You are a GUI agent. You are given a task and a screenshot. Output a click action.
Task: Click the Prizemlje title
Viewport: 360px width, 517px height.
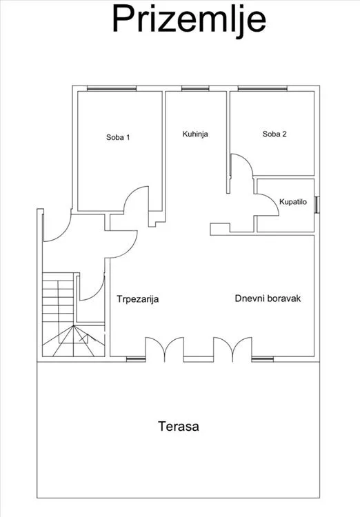[189, 20]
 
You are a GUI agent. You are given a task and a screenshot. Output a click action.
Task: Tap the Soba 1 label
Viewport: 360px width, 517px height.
[118, 137]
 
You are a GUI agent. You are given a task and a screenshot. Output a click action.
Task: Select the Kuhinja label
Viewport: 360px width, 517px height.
[195, 134]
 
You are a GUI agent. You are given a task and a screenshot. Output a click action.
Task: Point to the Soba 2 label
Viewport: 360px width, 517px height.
[274, 134]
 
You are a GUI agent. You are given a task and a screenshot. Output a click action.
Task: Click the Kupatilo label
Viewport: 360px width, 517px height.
[293, 202]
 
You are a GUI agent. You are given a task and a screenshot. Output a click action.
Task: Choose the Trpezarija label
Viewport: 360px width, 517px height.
[138, 299]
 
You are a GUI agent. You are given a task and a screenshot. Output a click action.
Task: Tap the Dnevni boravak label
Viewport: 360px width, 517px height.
[268, 298]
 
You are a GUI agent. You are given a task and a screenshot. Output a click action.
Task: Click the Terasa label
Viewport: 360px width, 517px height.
[179, 426]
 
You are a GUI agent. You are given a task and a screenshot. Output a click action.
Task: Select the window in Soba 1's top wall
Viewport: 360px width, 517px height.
[112, 88]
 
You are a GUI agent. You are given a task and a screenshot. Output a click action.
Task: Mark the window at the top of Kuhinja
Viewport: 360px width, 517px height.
[195, 88]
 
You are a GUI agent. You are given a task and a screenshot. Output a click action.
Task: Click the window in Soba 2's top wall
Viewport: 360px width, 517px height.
[262, 88]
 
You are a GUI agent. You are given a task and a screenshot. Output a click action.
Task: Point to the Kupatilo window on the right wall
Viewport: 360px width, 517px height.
[317, 205]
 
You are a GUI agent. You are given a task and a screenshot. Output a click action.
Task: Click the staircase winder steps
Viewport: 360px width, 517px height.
[74, 341]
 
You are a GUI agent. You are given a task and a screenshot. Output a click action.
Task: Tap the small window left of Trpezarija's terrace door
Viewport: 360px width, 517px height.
[136, 359]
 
